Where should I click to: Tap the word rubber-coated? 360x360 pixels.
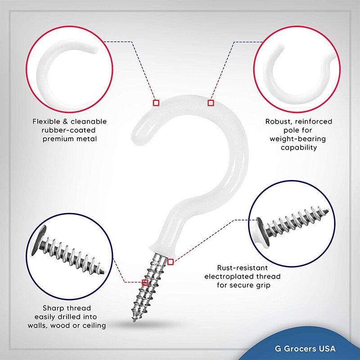pyautogui.click(x=68, y=130)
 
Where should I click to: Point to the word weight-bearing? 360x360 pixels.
pyautogui.click(x=297, y=139)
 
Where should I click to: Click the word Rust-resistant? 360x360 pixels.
pyautogui.click(x=242, y=268)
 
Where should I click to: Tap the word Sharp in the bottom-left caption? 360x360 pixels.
pyautogui.click(x=53, y=308)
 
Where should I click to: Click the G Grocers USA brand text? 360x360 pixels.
pyautogui.click(x=305, y=348)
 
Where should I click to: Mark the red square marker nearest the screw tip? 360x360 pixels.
pyautogui.click(x=145, y=283)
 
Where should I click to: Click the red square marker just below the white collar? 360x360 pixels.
pyautogui.click(x=170, y=262)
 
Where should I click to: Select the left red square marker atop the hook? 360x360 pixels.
pyautogui.click(x=156, y=103)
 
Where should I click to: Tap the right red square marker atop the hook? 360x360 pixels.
pyautogui.click(x=211, y=103)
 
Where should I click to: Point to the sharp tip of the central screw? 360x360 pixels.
pyautogui.click(x=134, y=320)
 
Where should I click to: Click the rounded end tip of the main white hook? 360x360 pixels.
pyautogui.click(x=135, y=134)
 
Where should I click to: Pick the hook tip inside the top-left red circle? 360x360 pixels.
pyautogui.click(x=97, y=50)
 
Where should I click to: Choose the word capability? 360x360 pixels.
pyautogui.click(x=299, y=148)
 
